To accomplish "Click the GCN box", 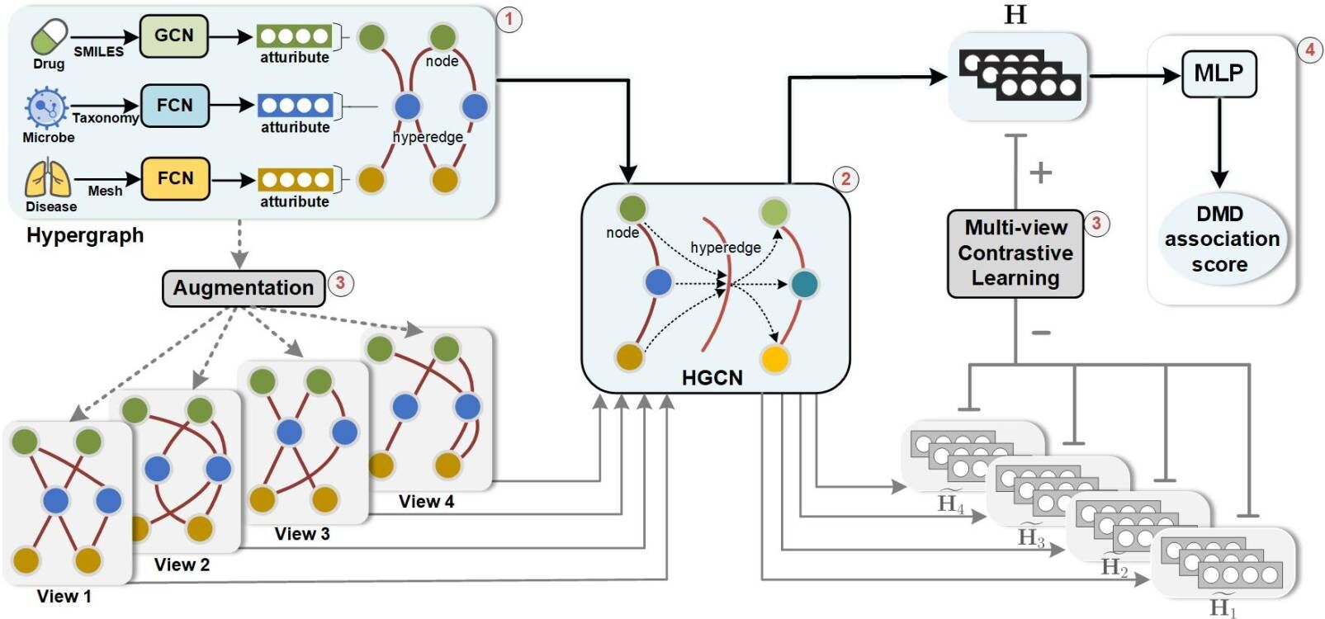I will [x=173, y=36].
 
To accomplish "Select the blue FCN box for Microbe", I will [x=174, y=106].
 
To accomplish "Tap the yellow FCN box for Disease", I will [x=175, y=179].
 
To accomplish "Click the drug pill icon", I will [x=49, y=37].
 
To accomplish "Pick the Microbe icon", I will [x=45, y=108].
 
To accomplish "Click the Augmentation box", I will [x=244, y=288].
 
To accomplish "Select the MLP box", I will [x=1219, y=73].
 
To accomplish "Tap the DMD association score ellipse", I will [x=1222, y=239].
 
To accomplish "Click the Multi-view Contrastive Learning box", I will [x=1015, y=253].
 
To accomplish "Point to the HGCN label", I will [x=712, y=378].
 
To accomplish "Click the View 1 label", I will [x=64, y=597].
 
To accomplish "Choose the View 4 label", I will [x=426, y=502].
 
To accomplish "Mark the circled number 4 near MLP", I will [x=1309, y=50].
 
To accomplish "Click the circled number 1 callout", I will [x=509, y=19].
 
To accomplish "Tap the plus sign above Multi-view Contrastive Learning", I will [x=1040, y=172].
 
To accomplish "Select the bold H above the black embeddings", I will [x=1015, y=15].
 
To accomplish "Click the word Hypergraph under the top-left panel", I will [x=85, y=235].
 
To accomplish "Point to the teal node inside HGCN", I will [x=804, y=284].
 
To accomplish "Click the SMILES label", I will [x=98, y=52].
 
